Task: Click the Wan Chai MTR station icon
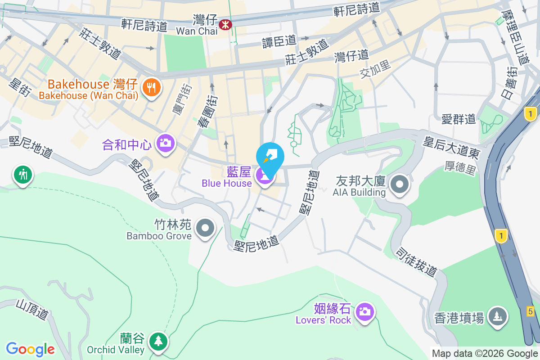(225, 24)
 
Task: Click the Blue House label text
(226, 183)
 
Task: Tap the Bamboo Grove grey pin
(206, 228)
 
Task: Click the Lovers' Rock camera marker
(364, 311)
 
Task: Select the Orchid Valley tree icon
(158, 341)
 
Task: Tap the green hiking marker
(22, 174)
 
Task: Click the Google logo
(30, 349)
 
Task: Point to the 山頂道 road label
(31, 310)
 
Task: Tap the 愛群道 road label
(458, 119)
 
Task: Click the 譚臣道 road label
(279, 41)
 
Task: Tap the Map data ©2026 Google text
(485, 354)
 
